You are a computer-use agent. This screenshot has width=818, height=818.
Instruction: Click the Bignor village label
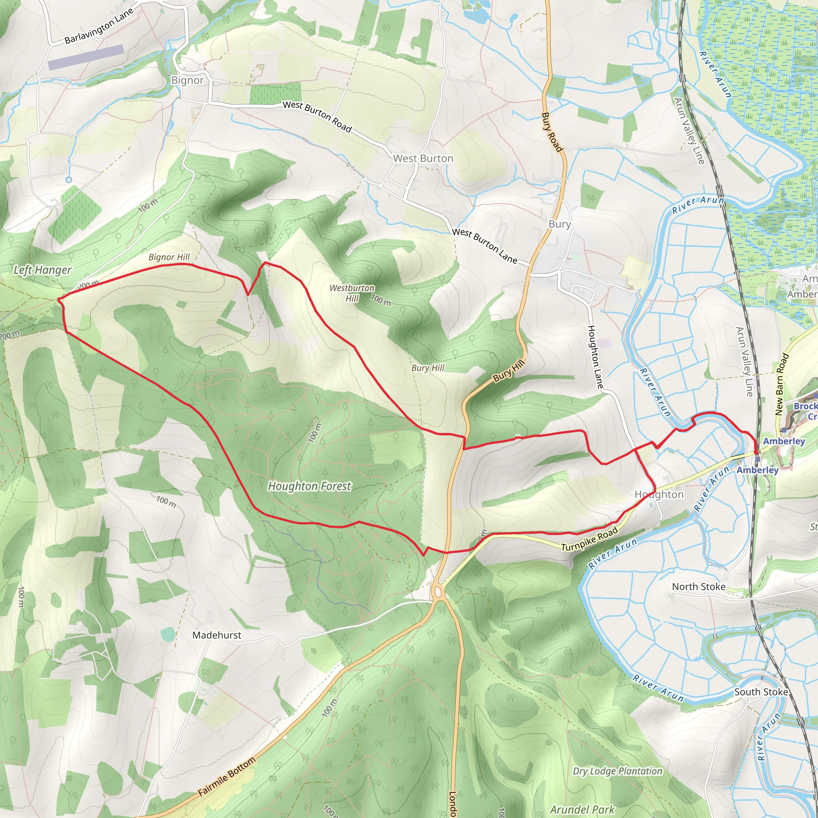(x=187, y=80)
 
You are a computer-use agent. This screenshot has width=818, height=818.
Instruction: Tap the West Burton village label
(x=423, y=158)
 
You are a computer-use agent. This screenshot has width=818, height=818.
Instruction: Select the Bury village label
(x=559, y=224)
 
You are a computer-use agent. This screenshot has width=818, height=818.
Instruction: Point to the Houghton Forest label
(x=310, y=486)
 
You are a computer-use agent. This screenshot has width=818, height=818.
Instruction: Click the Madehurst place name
(x=217, y=635)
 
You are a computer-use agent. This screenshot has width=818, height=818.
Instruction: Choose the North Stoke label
(x=699, y=587)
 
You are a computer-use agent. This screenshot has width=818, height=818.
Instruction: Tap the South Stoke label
(x=761, y=692)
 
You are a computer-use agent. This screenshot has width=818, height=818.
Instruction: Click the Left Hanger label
(x=42, y=270)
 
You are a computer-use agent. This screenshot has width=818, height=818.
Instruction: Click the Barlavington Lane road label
(x=99, y=26)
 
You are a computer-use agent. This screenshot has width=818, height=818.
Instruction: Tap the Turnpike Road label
(x=590, y=539)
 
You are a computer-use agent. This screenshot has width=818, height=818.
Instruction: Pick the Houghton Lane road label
(x=595, y=357)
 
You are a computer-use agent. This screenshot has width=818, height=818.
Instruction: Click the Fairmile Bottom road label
(x=227, y=776)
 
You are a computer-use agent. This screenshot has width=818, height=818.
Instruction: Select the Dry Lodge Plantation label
(x=617, y=771)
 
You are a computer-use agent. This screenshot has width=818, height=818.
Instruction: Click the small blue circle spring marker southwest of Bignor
(x=69, y=179)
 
